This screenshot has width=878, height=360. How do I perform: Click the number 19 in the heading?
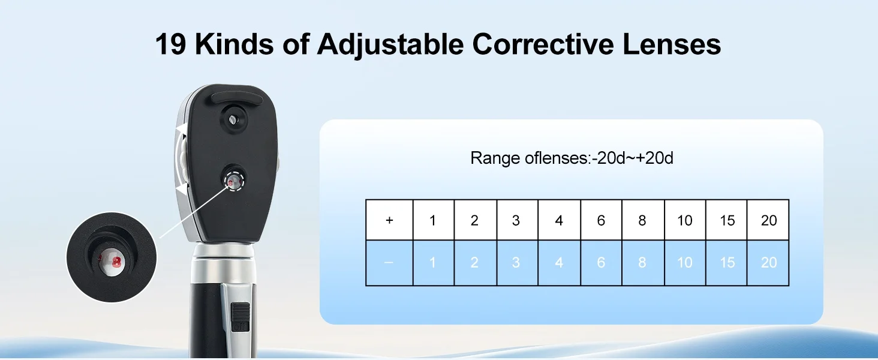tap(170, 44)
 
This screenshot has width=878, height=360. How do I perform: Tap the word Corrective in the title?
tap(543, 44)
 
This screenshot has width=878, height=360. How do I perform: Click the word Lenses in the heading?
tap(672, 44)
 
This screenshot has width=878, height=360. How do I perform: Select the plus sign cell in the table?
tap(389, 220)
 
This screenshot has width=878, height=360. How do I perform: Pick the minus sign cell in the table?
tap(389, 262)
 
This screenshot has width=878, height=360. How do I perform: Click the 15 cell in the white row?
tap(727, 220)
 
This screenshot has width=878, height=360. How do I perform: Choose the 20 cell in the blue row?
tap(768, 262)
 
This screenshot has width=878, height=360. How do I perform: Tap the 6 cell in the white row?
tap(602, 220)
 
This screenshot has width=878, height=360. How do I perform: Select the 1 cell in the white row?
tap(434, 220)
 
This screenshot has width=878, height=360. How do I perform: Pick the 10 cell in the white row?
tap(685, 220)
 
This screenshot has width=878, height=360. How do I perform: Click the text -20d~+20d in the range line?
tap(633, 158)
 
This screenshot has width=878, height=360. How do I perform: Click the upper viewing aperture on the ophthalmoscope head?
tap(234, 119)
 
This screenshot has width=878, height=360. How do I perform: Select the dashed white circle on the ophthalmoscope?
tap(234, 181)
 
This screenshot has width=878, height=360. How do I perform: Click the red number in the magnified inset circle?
tap(116, 262)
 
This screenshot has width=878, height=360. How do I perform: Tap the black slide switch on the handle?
tap(240, 316)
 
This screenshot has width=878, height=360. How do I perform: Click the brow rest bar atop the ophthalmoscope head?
tap(237, 98)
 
